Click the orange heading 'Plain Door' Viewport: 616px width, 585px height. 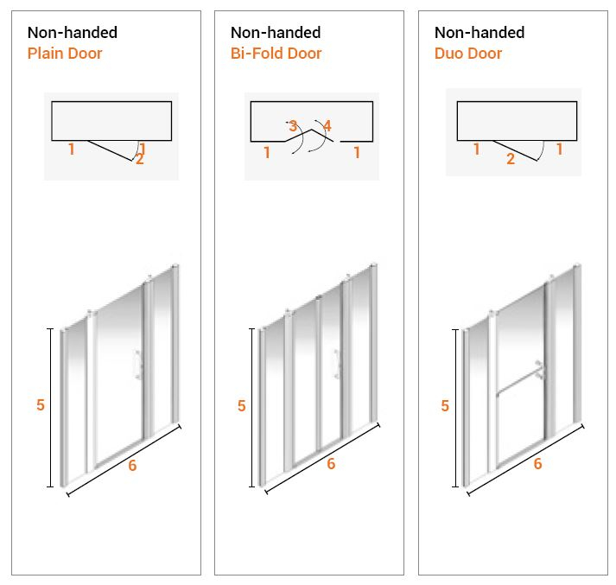tap(65, 54)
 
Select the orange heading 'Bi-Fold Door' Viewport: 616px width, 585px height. tap(276, 54)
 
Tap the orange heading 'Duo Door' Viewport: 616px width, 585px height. tap(467, 54)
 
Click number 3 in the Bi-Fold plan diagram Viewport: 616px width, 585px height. tap(293, 127)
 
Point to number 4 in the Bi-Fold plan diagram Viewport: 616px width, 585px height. tap(327, 126)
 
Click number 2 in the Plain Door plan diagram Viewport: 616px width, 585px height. tap(139, 159)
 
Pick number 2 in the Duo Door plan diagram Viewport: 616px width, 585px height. tap(511, 159)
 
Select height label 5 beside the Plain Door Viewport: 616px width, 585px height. tap(41, 405)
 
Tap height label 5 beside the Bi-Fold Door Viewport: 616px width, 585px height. tap(242, 406)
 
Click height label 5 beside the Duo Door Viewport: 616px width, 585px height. tap(445, 406)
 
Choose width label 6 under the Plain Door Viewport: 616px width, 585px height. tap(132, 465)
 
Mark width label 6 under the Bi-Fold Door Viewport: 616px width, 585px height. tap(331, 464)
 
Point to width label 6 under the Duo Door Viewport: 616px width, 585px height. tap(537, 464)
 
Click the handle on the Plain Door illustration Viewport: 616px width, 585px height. tap(137, 366)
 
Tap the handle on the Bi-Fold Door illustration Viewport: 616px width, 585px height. tap(336, 365)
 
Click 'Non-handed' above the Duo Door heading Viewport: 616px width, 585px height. tap(479, 33)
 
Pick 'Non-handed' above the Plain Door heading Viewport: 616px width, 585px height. tap(73, 33)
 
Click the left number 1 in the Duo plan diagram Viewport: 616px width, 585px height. tap(476, 149)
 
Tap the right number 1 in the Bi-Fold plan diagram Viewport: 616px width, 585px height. tap(356, 153)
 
